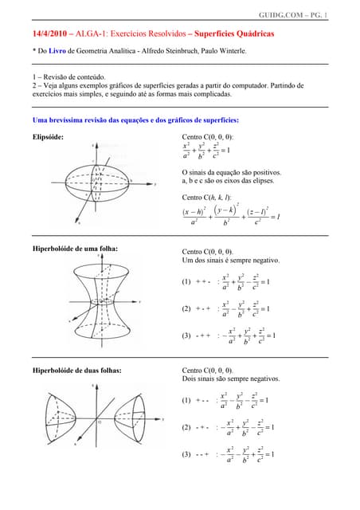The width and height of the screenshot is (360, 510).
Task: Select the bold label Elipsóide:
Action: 46,137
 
